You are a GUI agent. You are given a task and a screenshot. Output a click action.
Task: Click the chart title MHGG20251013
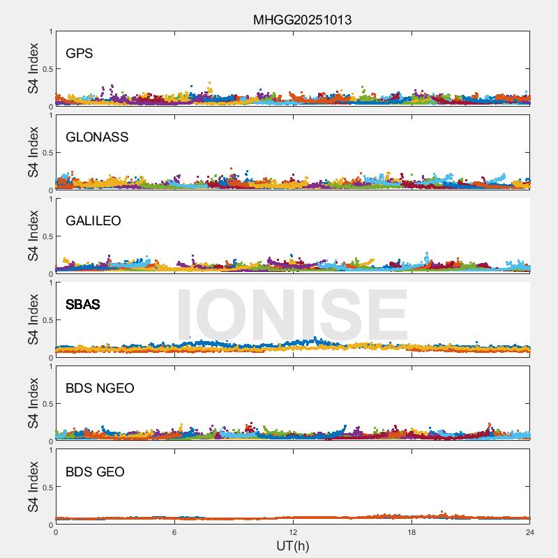pos(302,20)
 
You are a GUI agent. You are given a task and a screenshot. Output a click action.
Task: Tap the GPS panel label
pos(79,54)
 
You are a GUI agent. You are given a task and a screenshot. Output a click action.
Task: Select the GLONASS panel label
pos(97,137)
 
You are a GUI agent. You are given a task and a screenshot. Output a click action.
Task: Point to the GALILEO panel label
pos(93,221)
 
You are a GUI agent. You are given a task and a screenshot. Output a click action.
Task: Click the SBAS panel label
pos(83,305)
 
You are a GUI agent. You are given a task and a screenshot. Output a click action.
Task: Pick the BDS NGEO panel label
pos(100,389)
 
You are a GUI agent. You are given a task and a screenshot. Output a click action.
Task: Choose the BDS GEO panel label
pos(95,472)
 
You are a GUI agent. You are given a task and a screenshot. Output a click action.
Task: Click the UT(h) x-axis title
pos(292,545)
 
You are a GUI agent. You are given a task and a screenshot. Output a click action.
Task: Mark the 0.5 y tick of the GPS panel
pos(47,69)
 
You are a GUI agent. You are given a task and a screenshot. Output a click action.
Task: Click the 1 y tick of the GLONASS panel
pos(51,116)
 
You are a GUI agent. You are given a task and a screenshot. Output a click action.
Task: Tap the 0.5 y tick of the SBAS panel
pos(47,320)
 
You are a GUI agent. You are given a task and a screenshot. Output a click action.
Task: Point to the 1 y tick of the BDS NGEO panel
pos(51,367)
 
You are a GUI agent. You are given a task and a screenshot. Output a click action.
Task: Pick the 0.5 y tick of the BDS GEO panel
pos(47,488)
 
